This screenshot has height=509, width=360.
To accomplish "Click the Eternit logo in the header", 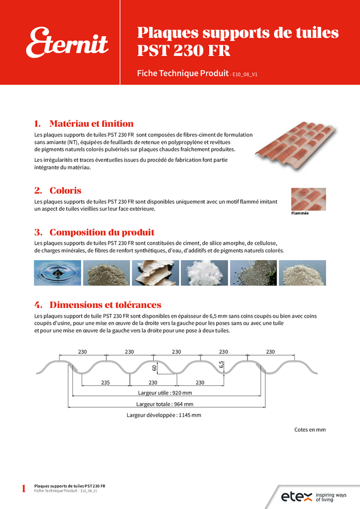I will click(67, 43).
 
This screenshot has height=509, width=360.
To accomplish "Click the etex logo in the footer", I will click(296, 496).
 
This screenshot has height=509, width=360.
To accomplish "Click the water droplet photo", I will click(57, 273).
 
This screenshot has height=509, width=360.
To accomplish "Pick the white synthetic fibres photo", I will click(204, 273).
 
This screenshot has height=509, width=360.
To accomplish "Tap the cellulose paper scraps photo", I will click(155, 273).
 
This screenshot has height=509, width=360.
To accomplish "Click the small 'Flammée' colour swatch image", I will click(308, 199).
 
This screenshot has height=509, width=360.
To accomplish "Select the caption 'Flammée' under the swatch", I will click(300, 213).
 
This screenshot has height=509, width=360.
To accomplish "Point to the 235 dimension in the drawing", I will click(105, 383).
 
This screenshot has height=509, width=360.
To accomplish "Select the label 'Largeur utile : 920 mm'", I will click(165, 393).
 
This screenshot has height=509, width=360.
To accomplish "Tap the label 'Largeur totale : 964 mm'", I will click(164, 404).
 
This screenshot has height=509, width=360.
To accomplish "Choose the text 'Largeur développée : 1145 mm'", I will click(164, 415).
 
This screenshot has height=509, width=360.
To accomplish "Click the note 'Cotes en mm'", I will click(310, 430).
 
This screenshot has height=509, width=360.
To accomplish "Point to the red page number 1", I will click(23, 489).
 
